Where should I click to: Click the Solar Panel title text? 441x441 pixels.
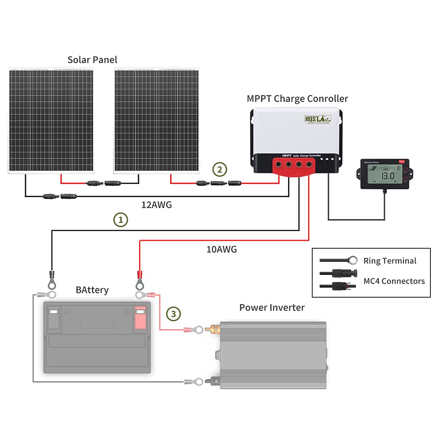[92, 60]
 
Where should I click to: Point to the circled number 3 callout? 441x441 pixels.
[173, 314]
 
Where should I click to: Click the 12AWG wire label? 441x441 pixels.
[156, 205]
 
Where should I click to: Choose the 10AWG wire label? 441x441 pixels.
[221, 250]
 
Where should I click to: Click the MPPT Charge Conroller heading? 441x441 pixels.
[297, 99]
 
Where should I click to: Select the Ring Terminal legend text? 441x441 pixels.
[389, 261]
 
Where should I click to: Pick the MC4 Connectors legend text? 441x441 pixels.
[393, 281]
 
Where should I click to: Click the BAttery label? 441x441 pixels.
[92, 290]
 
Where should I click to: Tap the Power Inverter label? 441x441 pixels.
[272, 307]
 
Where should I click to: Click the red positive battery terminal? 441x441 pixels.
[140, 318]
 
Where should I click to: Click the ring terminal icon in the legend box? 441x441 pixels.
[351, 260]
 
